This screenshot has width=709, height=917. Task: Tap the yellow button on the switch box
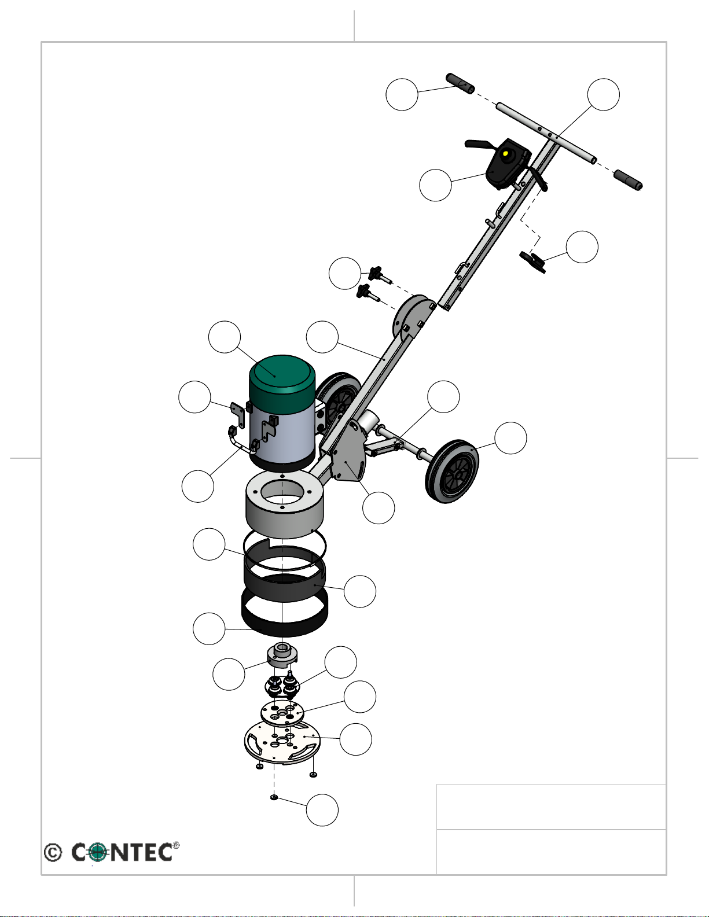pos(506,154)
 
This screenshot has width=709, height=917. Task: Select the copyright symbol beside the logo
pos(53,852)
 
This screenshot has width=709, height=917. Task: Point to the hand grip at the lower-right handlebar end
pos(628,180)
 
